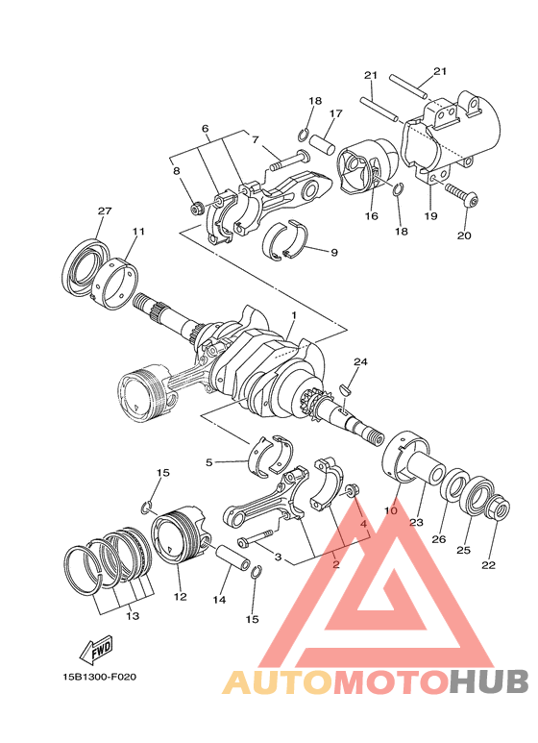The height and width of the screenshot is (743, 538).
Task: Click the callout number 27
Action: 105,211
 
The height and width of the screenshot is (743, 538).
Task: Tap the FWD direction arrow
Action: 98,653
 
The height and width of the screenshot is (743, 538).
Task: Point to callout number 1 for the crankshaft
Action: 293,314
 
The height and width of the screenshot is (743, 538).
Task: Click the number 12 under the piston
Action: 180,596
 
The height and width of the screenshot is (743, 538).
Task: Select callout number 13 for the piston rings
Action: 132,615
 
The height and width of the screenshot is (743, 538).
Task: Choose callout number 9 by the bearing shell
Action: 333,253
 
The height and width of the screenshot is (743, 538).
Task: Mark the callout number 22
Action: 488,564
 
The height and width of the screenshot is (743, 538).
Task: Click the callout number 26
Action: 438,539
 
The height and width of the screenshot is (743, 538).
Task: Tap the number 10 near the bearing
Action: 391,511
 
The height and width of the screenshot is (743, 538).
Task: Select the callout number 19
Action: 430,216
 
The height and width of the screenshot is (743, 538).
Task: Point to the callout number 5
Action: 208,462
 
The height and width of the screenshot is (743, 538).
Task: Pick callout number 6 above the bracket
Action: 205,129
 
